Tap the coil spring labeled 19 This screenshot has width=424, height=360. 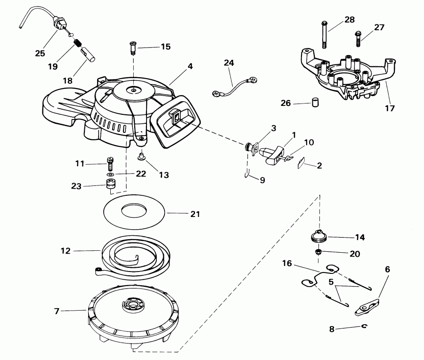coord(79,46)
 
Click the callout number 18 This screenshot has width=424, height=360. coord(67,80)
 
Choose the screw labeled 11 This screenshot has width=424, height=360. coord(111,164)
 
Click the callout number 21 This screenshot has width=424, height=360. coord(195,214)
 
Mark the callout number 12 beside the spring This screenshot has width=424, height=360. coord(65,251)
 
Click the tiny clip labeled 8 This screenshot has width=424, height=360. coord(364,326)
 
